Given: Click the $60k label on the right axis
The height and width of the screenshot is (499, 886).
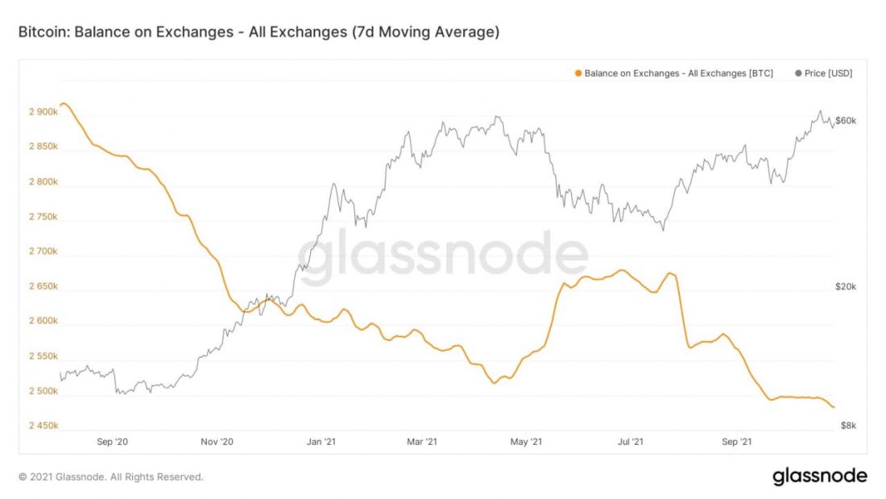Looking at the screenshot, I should (x=845, y=121).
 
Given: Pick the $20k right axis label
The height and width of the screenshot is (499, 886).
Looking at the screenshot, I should (x=845, y=287).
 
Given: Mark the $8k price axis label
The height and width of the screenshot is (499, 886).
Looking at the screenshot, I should (x=847, y=426).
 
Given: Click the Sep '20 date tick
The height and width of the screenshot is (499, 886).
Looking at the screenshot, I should (x=112, y=442).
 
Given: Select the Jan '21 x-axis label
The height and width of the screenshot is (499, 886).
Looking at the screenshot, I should (x=321, y=442).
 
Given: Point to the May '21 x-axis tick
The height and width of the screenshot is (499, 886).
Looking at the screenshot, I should (x=527, y=442).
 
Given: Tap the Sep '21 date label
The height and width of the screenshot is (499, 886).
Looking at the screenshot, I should (x=736, y=442).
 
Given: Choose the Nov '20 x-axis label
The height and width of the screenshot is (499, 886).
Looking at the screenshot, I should (x=216, y=442).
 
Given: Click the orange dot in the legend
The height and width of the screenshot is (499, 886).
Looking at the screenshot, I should (x=578, y=73).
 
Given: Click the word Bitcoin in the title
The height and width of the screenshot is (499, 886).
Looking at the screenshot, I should (x=40, y=32).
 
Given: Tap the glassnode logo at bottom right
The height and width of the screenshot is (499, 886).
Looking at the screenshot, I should (x=819, y=476).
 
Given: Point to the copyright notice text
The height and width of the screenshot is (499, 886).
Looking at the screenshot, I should (x=110, y=476).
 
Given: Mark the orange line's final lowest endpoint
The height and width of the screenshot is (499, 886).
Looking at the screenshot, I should (x=834, y=407).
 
